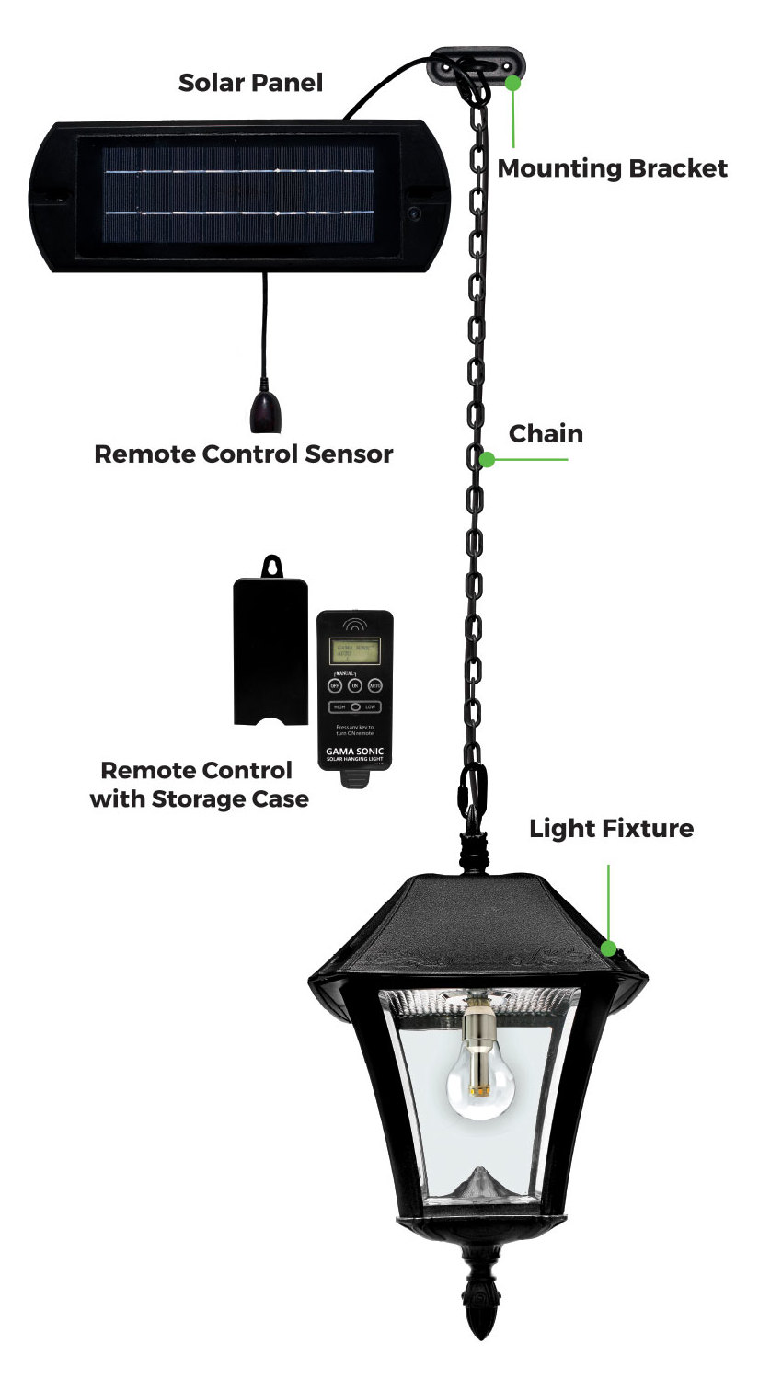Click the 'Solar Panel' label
pyautogui.click(x=250, y=83)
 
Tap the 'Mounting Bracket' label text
pyautogui.click(x=612, y=168)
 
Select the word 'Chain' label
pyautogui.click(x=546, y=433)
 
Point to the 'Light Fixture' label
pyautogui.click(x=611, y=829)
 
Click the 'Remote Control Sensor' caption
pyautogui.click(x=244, y=454)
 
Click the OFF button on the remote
pyautogui.click(x=335, y=686)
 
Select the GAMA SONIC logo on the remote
pyautogui.click(x=355, y=751)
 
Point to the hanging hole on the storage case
pyautogui.click(x=271, y=563)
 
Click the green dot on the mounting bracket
pyautogui.click(x=513, y=82)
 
